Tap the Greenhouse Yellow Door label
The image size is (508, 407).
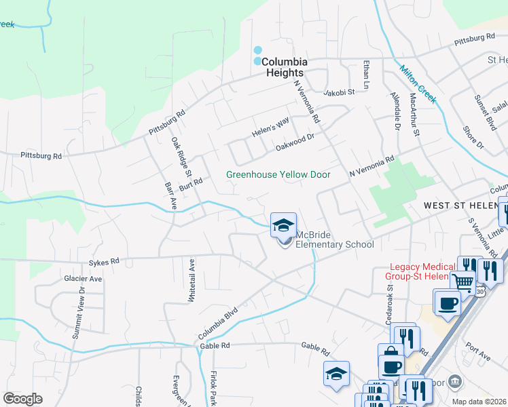click(278, 174)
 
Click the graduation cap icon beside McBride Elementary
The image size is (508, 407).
click(283, 225)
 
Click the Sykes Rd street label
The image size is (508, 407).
click(103, 260)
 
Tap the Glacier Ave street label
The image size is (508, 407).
click(82, 278)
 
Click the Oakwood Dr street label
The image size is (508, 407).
click(295, 142)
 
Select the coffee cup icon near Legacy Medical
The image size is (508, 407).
click(447, 302)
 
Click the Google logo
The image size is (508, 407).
click(22, 398)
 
